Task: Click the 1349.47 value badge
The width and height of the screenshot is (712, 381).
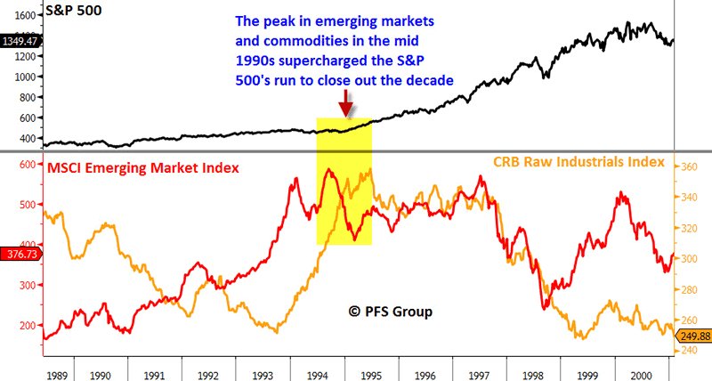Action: click(x=20, y=40)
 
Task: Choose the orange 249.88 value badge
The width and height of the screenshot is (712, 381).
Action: click(x=692, y=336)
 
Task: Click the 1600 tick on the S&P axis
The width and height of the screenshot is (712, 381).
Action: click(x=22, y=15)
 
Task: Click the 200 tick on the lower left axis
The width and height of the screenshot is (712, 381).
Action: click(x=25, y=326)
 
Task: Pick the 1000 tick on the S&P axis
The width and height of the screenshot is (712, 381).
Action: click(x=22, y=77)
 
